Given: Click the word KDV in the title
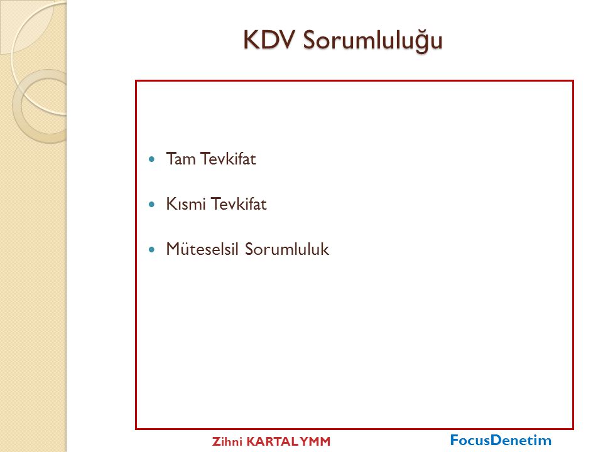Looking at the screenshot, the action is [x=269, y=40].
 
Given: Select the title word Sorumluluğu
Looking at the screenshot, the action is [x=372, y=40].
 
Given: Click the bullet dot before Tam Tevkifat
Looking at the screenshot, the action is [x=151, y=159].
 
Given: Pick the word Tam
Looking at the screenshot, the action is [x=181, y=159].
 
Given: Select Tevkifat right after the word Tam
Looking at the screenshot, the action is [x=228, y=159].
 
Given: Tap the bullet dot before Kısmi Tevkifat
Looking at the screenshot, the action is [x=151, y=204].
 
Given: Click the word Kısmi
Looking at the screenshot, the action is [x=186, y=203].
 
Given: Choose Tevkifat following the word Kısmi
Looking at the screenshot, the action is [x=239, y=203].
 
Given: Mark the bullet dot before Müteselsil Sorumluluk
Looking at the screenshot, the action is [x=151, y=249].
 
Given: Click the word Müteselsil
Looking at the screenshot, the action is [x=202, y=249].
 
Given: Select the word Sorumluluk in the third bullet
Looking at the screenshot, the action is [x=287, y=249].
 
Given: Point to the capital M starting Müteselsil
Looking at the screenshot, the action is [x=173, y=249].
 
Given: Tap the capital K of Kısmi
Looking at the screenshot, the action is [x=171, y=203].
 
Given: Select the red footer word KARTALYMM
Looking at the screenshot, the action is [x=288, y=441].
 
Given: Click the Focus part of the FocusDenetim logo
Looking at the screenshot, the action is [x=470, y=439].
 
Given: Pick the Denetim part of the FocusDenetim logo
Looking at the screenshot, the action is [x=521, y=439].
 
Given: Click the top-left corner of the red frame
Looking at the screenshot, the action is [x=136, y=81].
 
